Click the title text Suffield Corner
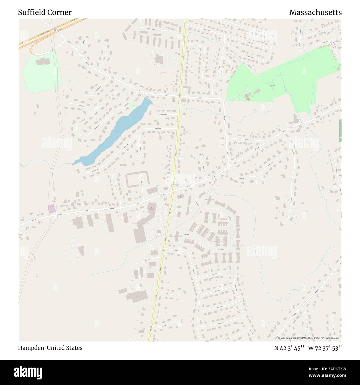click(x=45, y=12)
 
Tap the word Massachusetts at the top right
click(x=315, y=12)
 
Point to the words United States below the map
click(x=65, y=348)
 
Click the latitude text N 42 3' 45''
click(x=289, y=348)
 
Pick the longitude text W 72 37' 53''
click(x=325, y=348)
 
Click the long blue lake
click(x=114, y=133)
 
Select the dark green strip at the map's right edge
click(x=340, y=131)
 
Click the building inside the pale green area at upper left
click(x=42, y=61)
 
